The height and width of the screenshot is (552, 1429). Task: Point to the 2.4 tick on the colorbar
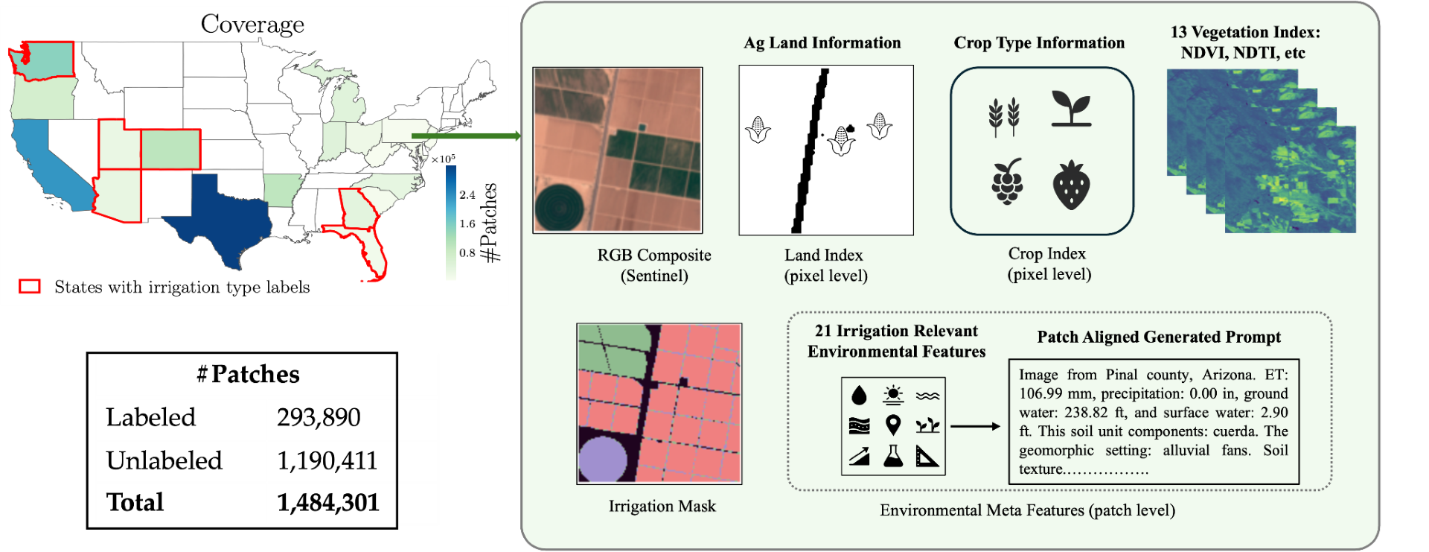(x=467, y=195)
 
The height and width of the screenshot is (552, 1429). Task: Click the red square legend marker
(x=29, y=287)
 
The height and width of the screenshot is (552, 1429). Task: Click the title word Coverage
(x=252, y=25)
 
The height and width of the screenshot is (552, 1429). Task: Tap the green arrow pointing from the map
(x=466, y=136)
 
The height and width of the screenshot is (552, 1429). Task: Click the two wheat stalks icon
(x=1004, y=116)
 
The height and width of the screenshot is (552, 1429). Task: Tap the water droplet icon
(x=859, y=395)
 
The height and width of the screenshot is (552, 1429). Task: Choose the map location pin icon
(x=893, y=425)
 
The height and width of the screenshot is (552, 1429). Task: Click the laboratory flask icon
(x=893, y=456)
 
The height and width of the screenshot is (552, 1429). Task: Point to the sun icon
(x=893, y=394)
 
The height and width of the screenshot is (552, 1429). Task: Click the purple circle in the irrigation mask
(x=602, y=458)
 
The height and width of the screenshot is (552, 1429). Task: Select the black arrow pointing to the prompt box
(x=975, y=426)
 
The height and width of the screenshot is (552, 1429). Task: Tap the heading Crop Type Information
(x=1039, y=43)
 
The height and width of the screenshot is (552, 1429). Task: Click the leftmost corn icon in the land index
(x=758, y=130)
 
